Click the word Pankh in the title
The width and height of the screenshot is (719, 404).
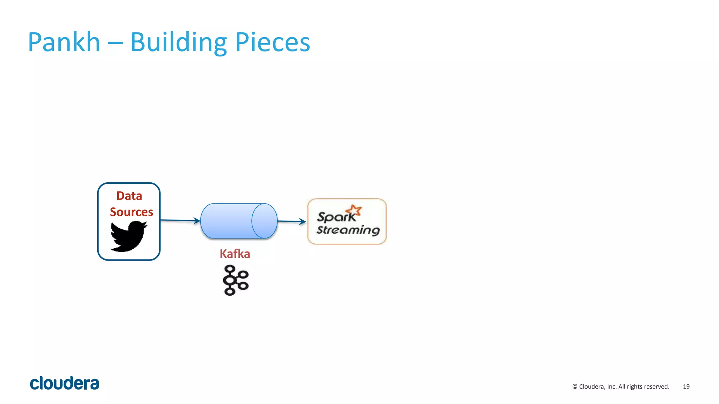coord(64,42)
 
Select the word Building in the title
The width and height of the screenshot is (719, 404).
coord(178,42)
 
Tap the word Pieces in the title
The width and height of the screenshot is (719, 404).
coord(272,42)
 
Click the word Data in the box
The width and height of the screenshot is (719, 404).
coord(129,196)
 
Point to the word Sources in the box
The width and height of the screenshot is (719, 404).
coord(131,212)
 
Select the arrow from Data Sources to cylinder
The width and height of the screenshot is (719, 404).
coord(180,221)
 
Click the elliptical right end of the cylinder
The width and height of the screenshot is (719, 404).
coord(264,221)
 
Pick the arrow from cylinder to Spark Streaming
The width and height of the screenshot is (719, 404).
coord(291,221)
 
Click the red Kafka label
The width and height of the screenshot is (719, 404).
coord(235,254)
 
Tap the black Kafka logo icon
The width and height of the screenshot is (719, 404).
coord(236,280)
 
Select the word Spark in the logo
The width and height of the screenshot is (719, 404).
coord(336,217)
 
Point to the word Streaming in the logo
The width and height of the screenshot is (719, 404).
coord(348,230)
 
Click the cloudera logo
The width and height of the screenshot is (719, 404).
coord(65,383)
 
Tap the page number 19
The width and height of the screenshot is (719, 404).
coord(686,386)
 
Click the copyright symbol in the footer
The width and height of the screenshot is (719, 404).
coord(575,386)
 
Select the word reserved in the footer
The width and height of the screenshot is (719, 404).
coord(657,386)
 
